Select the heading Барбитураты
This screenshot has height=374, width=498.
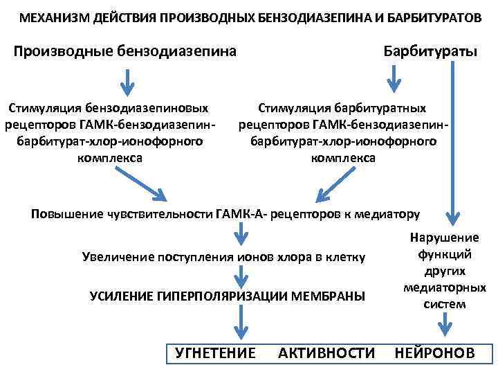(430, 52)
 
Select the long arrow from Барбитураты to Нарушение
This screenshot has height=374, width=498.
(453, 139)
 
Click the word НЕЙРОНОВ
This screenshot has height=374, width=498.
(434, 353)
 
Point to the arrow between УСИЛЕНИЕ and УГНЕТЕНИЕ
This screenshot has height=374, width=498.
(239, 321)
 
